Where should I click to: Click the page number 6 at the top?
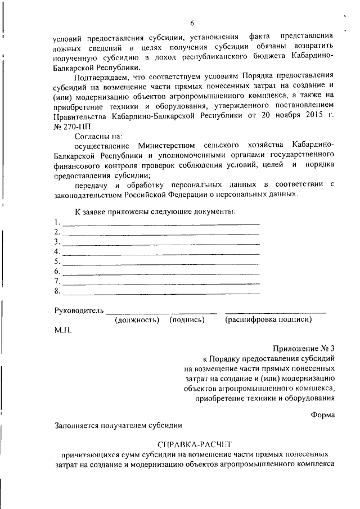click(x=192, y=23)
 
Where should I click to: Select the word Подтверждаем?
click(x=100, y=75)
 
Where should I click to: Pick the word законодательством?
click(x=91, y=194)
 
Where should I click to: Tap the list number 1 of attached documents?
click(x=57, y=221)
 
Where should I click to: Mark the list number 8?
click(x=57, y=291)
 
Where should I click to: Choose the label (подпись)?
click(x=187, y=319)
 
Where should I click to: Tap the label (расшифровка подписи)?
click(x=268, y=319)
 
